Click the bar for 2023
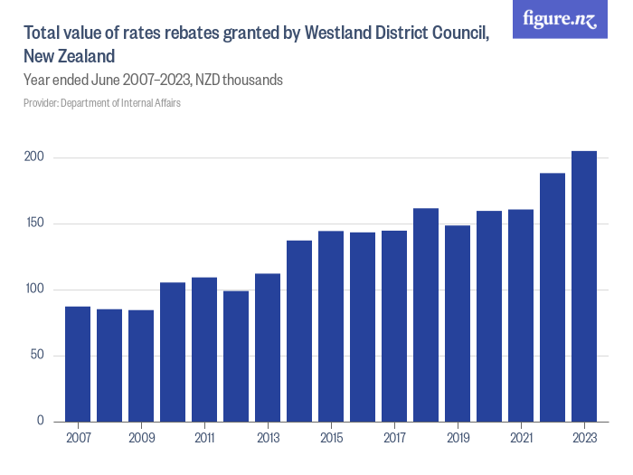583,286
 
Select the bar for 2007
78,364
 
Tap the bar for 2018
426,315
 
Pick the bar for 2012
236,356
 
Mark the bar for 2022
552,297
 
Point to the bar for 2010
173,352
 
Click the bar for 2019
458,323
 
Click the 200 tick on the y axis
34,157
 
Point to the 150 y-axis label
34,223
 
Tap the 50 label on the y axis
37,356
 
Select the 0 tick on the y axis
41,422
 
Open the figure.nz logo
560,19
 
